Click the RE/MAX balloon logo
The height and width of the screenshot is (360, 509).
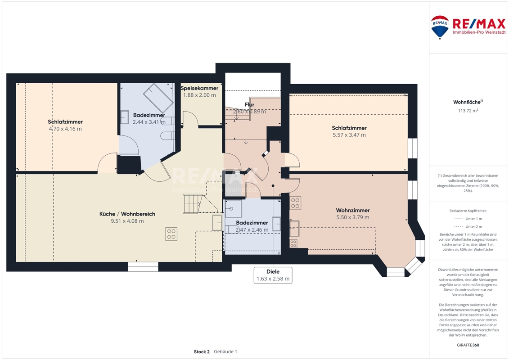(x=440, y=27)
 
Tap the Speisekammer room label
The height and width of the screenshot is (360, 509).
(x=199, y=88)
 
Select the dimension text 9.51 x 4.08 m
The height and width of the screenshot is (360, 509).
(x=127, y=221)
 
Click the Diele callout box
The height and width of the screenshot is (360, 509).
(x=273, y=275)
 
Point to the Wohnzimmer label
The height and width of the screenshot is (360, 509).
(x=353, y=210)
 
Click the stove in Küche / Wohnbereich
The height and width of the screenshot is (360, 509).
(x=171, y=234)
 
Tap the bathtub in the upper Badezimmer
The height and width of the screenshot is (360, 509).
(x=158, y=98)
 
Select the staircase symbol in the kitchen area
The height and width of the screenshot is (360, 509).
(x=193, y=203)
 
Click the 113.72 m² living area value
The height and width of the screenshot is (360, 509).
(x=468, y=110)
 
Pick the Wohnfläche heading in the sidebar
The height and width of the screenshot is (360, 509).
(x=468, y=102)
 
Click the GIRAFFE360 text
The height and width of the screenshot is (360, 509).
(x=468, y=345)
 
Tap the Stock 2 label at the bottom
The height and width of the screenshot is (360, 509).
(x=202, y=351)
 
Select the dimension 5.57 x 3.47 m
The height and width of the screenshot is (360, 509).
(x=349, y=135)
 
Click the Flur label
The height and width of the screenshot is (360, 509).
(x=249, y=104)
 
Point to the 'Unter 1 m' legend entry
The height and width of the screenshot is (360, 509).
(x=468, y=219)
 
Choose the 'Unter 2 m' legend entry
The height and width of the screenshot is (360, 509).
(x=468, y=227)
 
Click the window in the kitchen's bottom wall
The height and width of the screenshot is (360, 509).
(x=143, y=267)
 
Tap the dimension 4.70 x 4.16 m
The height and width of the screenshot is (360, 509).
(x=65, y=129)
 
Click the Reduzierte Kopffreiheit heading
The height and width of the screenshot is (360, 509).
(x=468, y=211)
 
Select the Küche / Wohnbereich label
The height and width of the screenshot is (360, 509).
(x=127, y=214)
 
